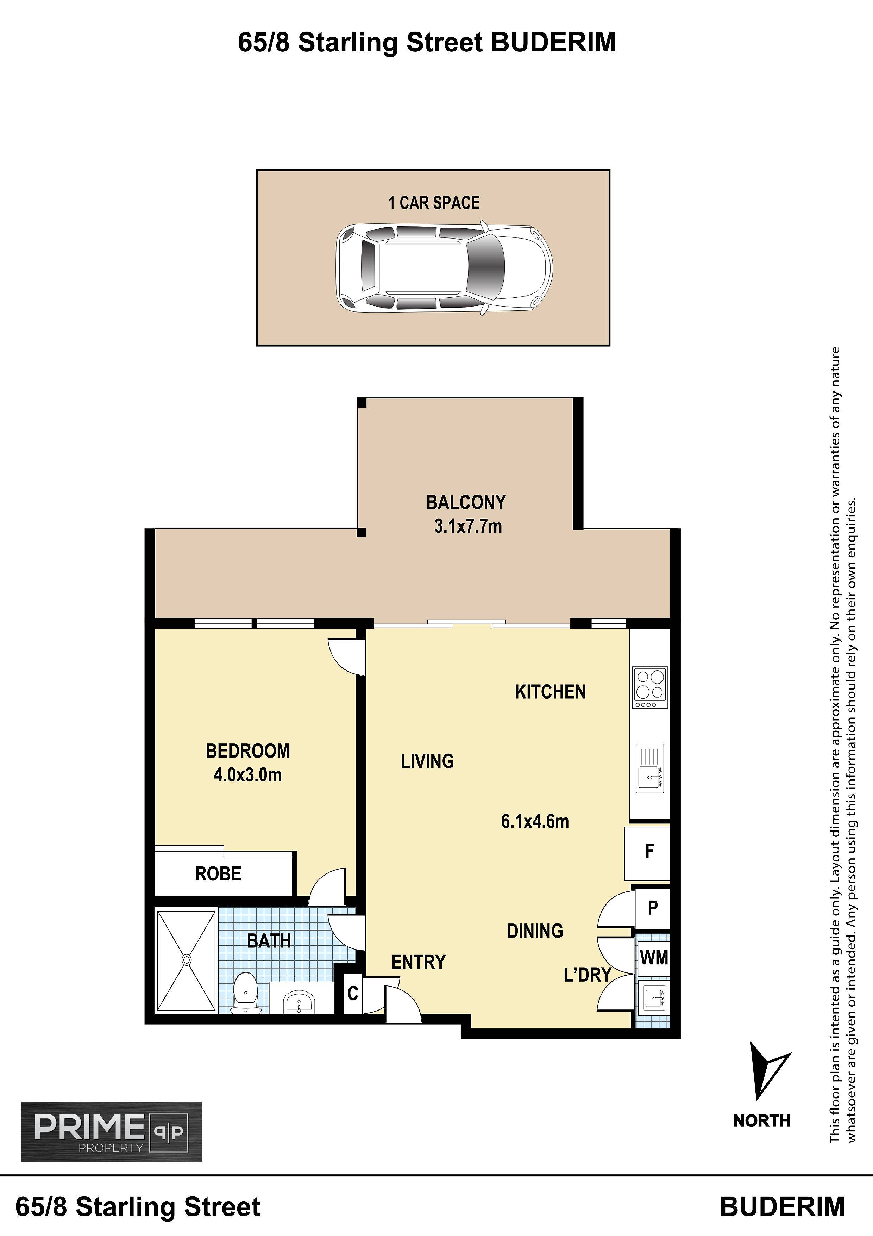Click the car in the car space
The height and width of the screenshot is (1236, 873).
(x=444, y=267)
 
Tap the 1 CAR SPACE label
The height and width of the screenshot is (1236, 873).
(x=434, y=203)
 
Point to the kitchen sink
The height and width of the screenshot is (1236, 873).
(x=650, y=768)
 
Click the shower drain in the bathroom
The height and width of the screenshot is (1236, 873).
(x=186, y=960)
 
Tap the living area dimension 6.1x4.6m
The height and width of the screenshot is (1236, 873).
(x=535, y=822)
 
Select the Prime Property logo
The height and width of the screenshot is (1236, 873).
(x=111, y=1132)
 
